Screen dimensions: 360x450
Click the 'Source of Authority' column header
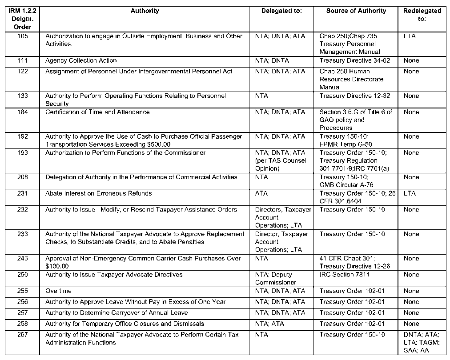[356, 11]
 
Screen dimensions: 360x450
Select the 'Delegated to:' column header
[281, 11]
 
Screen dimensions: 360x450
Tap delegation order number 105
[23, 36]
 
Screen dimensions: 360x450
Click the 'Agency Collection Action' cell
[81, 60]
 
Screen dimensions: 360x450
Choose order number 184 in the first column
[23, 112]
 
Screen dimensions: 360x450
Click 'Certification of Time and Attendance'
[97, 112]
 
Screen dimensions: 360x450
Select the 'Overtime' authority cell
[58, 291]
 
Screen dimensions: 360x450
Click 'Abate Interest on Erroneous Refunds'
[98, 193]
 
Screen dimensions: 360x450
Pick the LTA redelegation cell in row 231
[410, 193]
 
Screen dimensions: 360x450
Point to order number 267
[23, 335]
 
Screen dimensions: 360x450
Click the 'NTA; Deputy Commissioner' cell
[276, 279]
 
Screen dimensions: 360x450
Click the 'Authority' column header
[145, 11]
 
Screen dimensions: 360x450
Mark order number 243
[23, 258]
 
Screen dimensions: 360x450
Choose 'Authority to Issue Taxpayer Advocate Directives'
[114, 275]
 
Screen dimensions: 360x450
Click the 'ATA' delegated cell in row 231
[261, 193]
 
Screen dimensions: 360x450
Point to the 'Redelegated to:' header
[422, 15]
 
